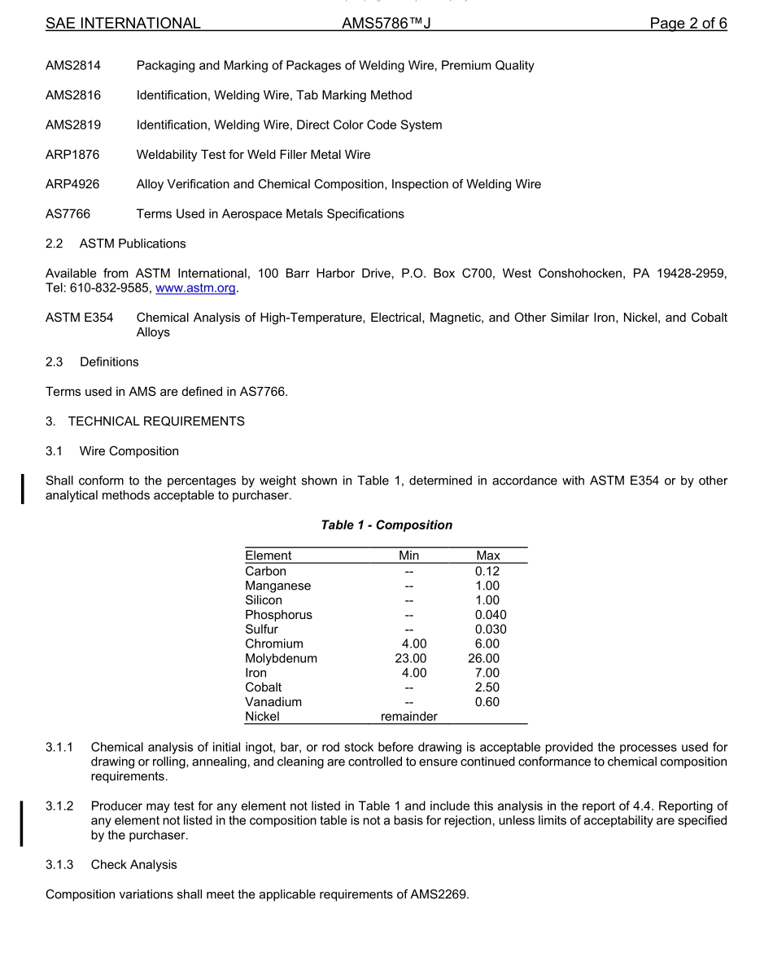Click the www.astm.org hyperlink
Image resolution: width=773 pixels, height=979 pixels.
tap(195, 288)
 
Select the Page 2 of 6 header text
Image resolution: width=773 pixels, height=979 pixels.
tap(688, 24)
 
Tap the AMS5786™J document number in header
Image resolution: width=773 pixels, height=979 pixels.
tap(386, 24)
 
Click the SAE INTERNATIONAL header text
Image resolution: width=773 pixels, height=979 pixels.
tap(123, 24)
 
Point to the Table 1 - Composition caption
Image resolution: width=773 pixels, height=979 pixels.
tap(386, 525)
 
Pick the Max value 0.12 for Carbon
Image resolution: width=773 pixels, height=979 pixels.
tap(487, 572)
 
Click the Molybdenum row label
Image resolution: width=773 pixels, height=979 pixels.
tap(281, 659)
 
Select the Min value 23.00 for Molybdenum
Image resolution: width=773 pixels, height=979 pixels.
tap(410, 659)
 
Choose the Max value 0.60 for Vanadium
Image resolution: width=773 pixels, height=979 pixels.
tap(487, 702)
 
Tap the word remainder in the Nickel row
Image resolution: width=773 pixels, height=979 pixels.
tap(408, 717)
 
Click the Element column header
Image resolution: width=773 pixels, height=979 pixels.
tap(268, 556)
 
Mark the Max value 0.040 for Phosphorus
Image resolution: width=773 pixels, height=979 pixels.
tap(491, 615)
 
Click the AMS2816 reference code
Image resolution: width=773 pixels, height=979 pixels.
tap(73, 95)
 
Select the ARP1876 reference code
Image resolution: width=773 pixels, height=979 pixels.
tap(72, 155)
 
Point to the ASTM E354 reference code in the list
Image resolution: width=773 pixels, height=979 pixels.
tap(79, 318)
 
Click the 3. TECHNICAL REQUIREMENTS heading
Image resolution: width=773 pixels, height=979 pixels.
tap(145, 422)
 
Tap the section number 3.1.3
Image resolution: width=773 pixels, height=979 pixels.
tap(59, 865)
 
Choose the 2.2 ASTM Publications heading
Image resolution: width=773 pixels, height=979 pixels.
tap(116, 244)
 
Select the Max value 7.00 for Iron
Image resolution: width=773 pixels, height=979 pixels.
tap(487, 674)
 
